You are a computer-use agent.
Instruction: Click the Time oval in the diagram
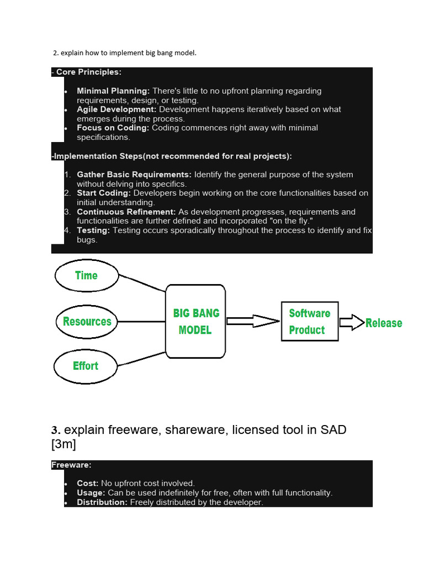[86, 275]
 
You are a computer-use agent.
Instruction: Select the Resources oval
[87, 321]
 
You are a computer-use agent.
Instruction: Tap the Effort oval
[85, 365]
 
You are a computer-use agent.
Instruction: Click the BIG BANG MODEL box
[195, 321]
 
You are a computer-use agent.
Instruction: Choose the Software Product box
[309, 321]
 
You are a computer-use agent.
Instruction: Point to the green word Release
[384, 323]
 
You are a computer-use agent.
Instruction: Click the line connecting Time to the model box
[142, 282]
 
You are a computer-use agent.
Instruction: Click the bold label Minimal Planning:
[113, 91]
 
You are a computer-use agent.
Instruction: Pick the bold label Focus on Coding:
[113, 128]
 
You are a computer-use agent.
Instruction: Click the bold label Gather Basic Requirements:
[134, 175]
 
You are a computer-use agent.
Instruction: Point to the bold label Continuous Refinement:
[126, 212]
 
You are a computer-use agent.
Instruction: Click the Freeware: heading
[71, 465]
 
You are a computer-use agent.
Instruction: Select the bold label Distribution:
[102, 502]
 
